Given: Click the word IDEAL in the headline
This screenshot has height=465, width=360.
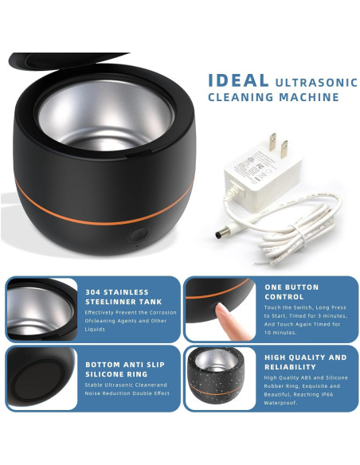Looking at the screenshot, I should (238, 80).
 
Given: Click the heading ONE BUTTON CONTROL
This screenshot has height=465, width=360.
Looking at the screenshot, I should (292, 291).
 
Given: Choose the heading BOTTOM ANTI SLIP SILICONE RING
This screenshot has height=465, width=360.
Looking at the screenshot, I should (125, 369).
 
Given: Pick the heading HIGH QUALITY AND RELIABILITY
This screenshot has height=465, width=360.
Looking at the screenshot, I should (306, 362).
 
